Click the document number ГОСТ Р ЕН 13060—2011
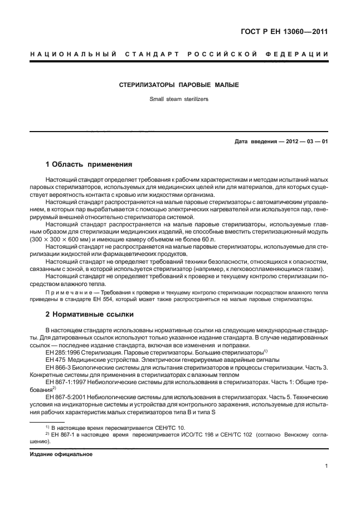pyautogui.click(x=284, y=32)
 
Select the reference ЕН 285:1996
pyautogui.click(x=65, y=353)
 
